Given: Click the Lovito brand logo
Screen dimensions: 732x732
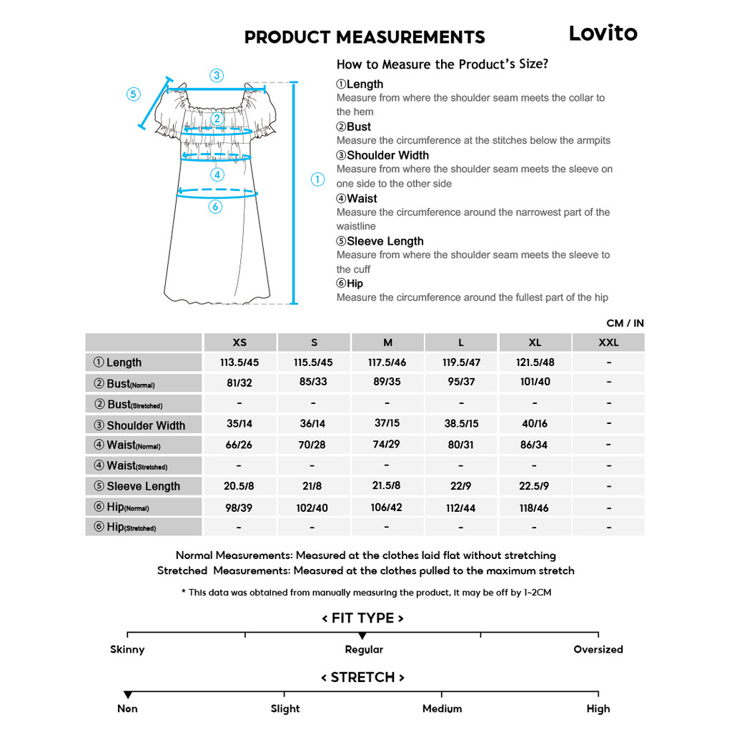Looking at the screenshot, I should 603,33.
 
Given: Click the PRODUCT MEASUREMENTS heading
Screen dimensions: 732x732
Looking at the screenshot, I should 365,37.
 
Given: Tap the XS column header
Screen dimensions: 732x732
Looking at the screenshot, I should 239,342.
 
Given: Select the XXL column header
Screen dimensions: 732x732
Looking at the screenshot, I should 608,342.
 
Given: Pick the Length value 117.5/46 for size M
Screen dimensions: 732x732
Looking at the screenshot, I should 387,362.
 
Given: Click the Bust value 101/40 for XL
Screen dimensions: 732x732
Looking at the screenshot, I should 535,382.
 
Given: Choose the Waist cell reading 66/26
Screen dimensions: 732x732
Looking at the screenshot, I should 239,445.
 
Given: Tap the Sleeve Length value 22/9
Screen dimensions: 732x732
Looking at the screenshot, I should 461,486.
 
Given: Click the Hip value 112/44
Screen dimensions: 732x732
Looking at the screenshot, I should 461,508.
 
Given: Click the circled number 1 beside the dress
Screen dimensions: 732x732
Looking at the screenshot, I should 318,179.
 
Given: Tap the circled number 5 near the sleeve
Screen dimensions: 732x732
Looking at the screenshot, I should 134,94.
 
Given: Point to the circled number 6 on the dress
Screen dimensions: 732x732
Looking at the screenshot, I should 216,207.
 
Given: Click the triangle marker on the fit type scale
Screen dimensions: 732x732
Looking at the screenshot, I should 362,635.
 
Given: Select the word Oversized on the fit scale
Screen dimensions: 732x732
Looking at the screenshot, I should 598,650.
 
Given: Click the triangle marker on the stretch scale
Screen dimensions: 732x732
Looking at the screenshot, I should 127,695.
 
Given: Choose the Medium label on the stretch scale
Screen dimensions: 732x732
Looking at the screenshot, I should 442,709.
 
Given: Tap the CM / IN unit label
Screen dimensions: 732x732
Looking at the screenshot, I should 625,323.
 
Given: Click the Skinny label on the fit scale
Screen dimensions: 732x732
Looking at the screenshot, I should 127,650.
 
